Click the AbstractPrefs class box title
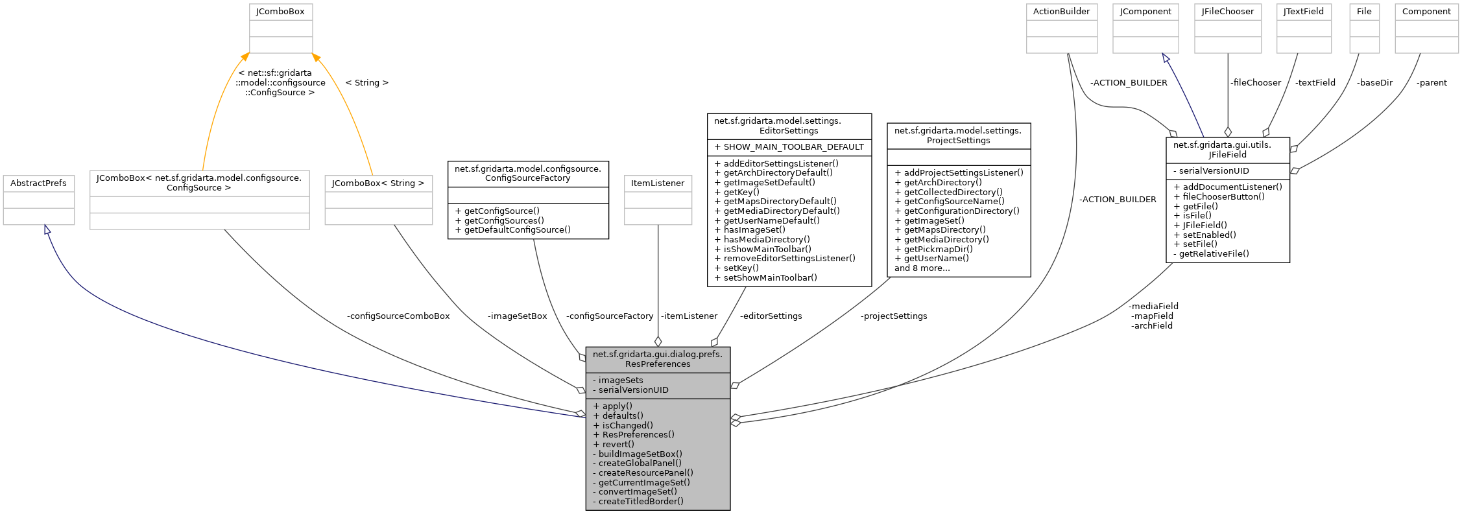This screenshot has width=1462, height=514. point(38,183)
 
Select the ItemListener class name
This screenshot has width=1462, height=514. point(658,183)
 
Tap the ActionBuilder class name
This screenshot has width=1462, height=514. point(1061,12)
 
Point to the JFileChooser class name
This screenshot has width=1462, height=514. point(1227,12)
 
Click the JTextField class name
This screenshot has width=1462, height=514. point(1304,12)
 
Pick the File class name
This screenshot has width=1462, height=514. point(1364,12)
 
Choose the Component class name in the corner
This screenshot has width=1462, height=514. point(1426,12)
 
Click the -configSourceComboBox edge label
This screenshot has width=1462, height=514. point(398,316)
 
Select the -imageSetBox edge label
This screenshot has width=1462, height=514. point(517,316)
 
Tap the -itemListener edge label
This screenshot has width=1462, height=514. point(689,316)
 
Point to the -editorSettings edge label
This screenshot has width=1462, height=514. point(771,316)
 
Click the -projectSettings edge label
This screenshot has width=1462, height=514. point(894,316)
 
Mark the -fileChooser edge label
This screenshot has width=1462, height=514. point(1255,83)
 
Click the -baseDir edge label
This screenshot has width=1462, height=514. point(1374,83)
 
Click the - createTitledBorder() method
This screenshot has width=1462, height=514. point(638,501)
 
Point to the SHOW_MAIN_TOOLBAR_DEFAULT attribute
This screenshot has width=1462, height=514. point(789,147)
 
